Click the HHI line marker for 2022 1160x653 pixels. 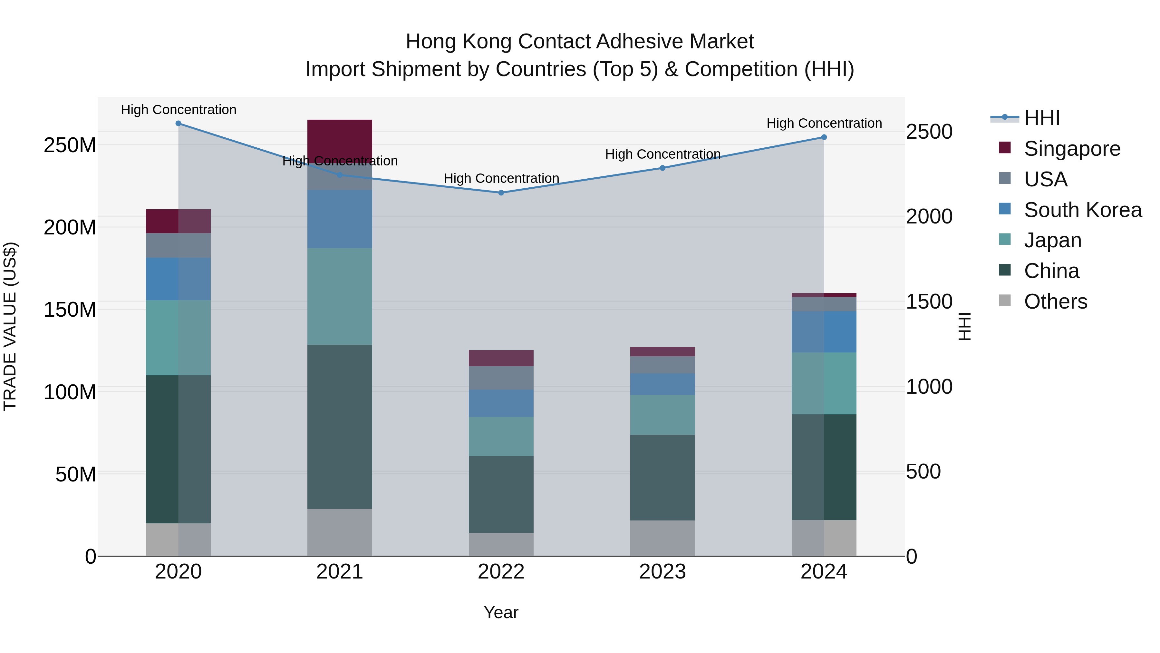(501, 193)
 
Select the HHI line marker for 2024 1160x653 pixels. (824, 137)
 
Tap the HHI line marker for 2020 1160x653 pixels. (178, 123)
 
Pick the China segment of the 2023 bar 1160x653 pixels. (662, 477)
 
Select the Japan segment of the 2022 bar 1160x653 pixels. (501, 436)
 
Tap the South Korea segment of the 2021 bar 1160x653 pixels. (340, 219)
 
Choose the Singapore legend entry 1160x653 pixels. (1072, 149)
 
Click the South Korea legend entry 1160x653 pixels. (1083, 210)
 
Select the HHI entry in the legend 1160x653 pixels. (1041, 118)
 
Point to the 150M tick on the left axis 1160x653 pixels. (70, 310)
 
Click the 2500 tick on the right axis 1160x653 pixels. (929, 132)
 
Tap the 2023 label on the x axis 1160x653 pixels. (662, 572)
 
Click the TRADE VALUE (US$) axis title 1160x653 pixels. (10, 326)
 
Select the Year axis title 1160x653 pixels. (501, 612)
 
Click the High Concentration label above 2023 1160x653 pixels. (662, 154)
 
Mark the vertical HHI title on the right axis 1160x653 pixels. (964, 326)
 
